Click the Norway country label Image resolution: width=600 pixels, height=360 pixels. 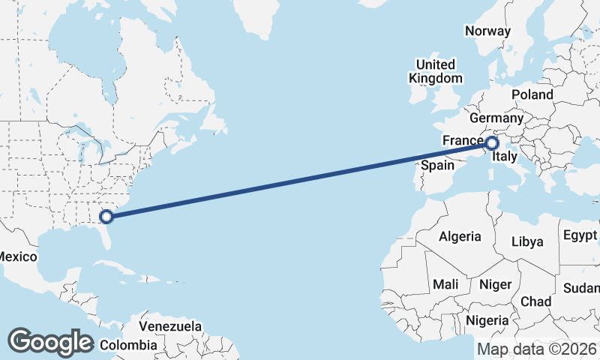point(487,31)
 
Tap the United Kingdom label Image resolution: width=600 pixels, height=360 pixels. point(435,71)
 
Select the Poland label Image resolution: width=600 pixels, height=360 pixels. point(532,94)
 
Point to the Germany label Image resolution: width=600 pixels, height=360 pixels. point(496,118)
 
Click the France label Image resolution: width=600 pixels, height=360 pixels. point(462,140)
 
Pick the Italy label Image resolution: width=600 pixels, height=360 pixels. point(503,157)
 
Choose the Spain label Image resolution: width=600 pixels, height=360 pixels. point(438,165)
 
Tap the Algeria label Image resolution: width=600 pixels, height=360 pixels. point(460,236)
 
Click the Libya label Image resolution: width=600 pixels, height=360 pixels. point(526,241)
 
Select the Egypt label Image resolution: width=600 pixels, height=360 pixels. point(580,235)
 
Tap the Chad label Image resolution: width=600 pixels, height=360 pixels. point(535,301)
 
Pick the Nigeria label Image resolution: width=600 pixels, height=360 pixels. point(487,320)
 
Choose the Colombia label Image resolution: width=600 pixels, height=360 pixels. point(128,345)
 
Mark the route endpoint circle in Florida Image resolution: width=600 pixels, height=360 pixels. point(106,217)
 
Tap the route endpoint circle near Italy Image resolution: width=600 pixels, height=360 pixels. point(492,142)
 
